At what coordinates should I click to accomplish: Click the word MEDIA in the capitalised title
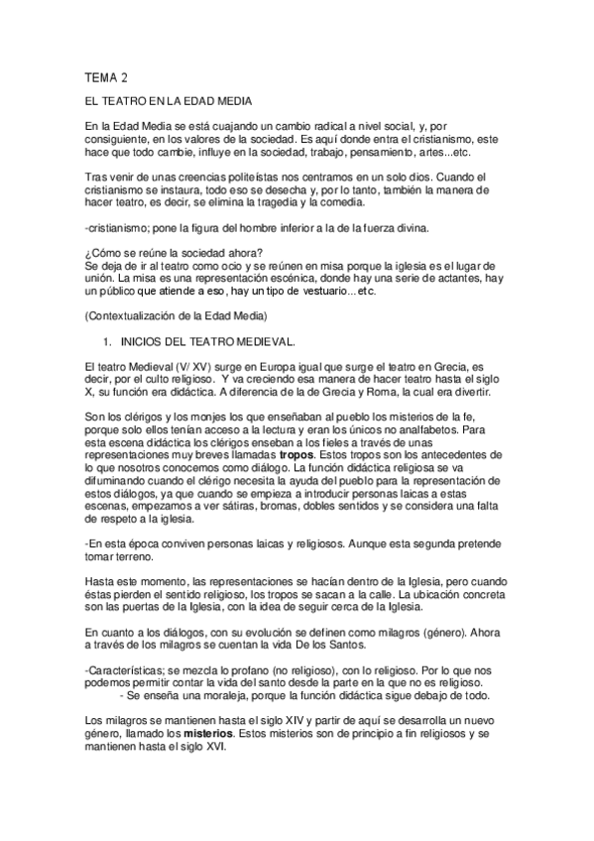(234, 103)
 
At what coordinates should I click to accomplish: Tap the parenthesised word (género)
(397, 632)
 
